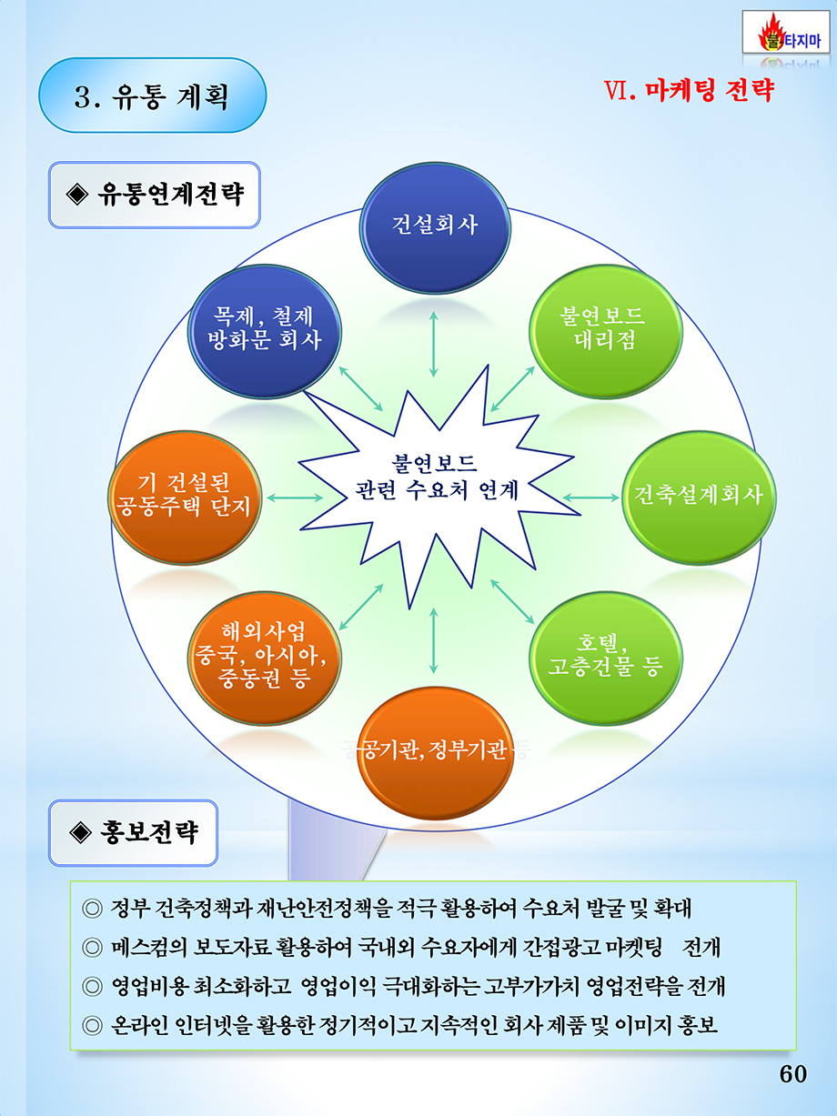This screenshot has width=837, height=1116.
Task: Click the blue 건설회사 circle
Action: pos(435,227)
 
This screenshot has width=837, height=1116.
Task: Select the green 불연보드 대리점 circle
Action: pos(606,331)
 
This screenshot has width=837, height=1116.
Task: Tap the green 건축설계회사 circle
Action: pos(700,498)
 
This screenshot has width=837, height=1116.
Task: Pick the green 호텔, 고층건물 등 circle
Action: pos(606,658)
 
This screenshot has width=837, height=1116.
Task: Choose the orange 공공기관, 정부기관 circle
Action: pos(435,753)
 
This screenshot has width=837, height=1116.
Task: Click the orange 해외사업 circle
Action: pos(265,658)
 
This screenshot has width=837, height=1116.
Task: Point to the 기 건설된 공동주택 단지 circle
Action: pos(185,498)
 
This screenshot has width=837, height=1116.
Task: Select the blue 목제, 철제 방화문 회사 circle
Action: pos(265,331)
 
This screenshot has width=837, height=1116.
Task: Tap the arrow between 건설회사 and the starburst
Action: pos(433,344)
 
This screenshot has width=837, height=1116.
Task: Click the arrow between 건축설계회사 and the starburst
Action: pos(591,498)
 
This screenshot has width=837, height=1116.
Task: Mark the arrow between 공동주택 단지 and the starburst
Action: pos(295,498)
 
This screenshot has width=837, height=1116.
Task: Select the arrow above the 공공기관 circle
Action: pos(433,640)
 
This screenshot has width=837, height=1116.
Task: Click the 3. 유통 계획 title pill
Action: pos(153,96)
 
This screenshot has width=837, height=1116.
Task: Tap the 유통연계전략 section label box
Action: pos(155,195)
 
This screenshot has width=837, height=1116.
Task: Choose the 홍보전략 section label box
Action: pos(133,832)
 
